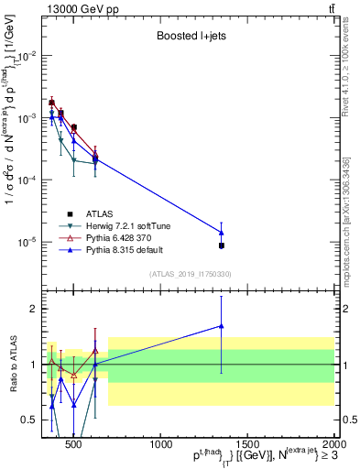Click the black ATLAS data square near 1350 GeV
222,245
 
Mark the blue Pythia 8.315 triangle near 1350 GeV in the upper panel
222,232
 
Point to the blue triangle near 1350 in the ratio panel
222,325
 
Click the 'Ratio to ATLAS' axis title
12,365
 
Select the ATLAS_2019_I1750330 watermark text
190,274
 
